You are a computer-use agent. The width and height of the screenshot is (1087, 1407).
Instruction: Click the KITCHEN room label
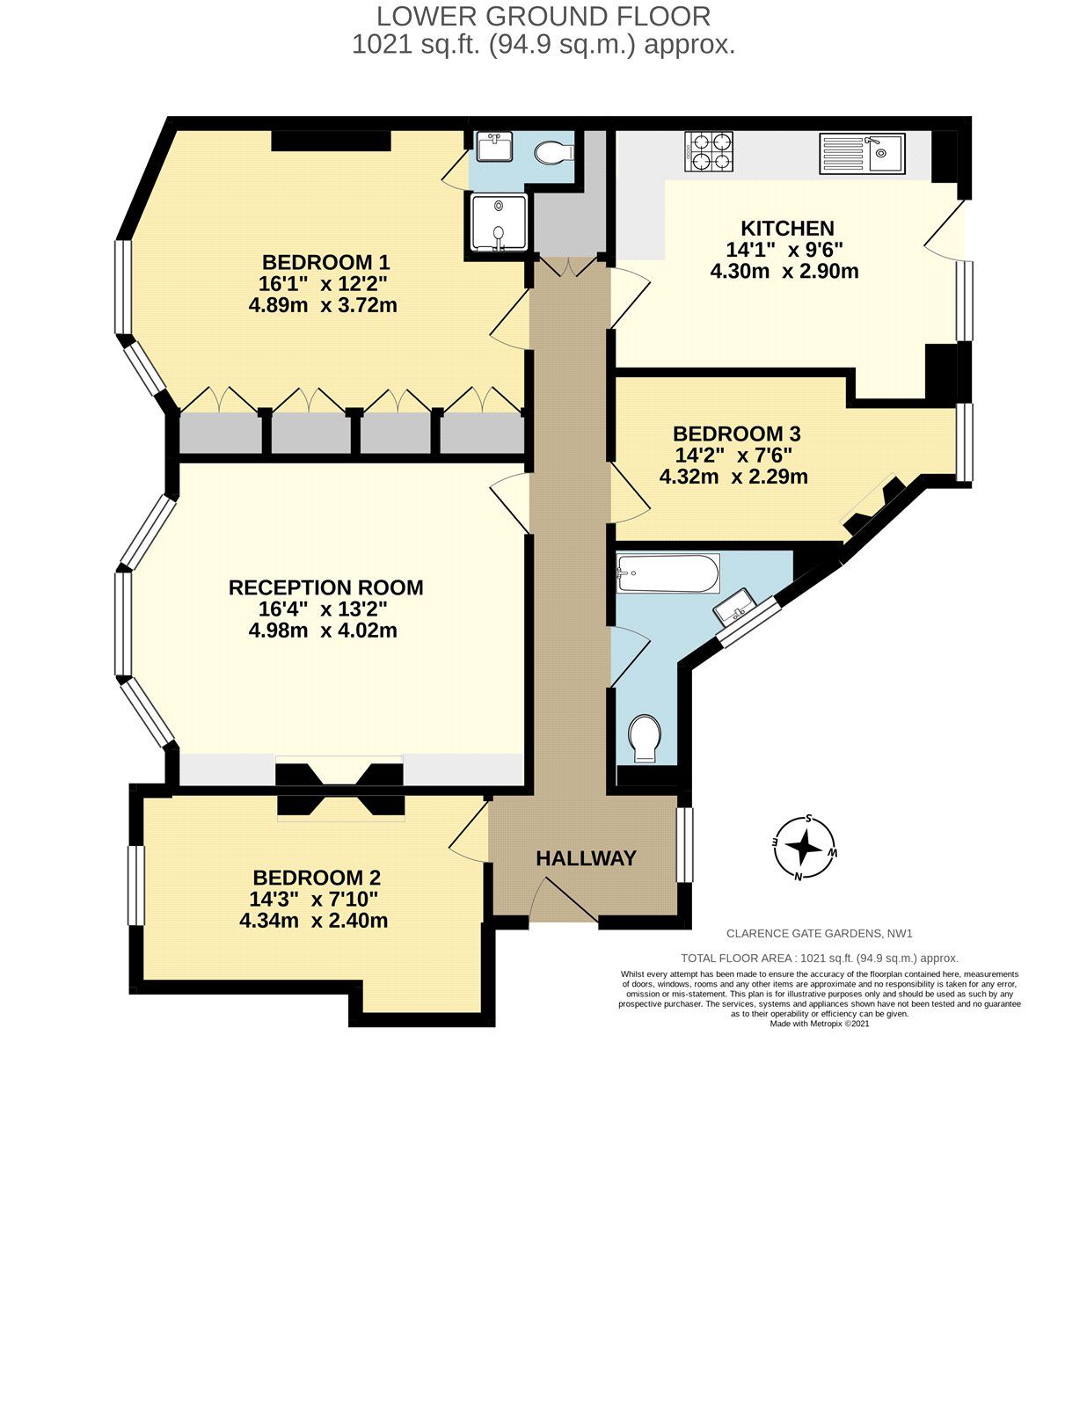click(x=786, y=229)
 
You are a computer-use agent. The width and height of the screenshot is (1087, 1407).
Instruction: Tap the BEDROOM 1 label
click(x=325, y=262)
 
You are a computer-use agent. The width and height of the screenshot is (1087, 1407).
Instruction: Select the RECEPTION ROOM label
click(x=325, y=587)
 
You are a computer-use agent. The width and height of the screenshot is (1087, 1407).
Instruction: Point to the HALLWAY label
click(x=586, y=858)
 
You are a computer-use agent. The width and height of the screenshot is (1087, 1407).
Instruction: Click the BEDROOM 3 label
click(x=736, y=434)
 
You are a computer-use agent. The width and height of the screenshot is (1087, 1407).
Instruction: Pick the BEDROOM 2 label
click(x=316, y=878)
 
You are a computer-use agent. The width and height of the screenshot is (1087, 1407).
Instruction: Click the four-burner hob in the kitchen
click(x=709, y=152)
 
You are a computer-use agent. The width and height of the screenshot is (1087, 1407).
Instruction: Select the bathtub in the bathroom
click(x=668, y=573)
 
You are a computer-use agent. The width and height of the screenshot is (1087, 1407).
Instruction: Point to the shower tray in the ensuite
click(x=499, y=222)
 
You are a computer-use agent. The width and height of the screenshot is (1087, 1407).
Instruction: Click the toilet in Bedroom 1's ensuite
click(x=554, y=152)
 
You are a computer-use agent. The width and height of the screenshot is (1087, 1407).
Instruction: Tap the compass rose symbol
click(x=804, y=848)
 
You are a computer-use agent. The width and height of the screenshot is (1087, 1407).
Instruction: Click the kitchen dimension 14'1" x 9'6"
click(x=784, y=250)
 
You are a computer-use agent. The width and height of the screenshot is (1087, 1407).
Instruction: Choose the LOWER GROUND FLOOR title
click(x=543, y=16)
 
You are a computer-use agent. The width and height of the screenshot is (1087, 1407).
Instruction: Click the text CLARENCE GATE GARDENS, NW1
click(x=813, y=934)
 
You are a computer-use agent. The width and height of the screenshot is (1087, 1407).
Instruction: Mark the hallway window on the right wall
click(x=683, y=844)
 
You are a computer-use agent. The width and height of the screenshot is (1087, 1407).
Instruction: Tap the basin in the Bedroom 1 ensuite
click(x=494, y=146)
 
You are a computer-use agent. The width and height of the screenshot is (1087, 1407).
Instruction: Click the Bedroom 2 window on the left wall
click(x=135, y=886)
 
